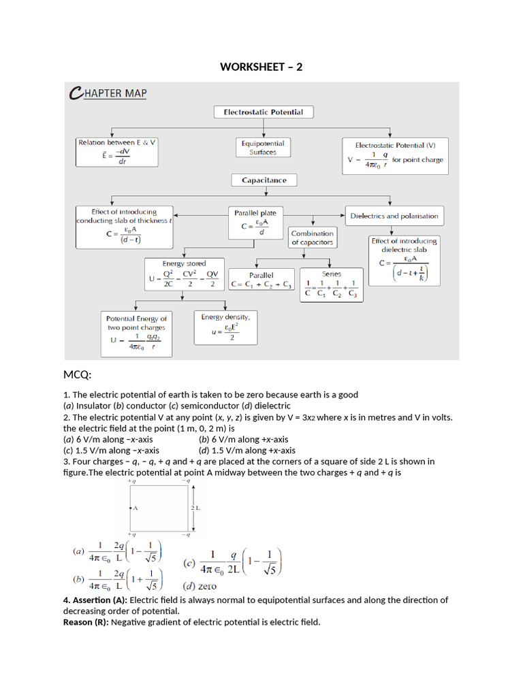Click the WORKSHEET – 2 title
point(261,66)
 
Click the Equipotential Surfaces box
point(262,148)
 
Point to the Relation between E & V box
point(117,151)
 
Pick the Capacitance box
point(264,180)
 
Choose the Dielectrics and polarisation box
point(394,216)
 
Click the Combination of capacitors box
point(312,238)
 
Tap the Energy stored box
point(184,274)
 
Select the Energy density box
point(225,327)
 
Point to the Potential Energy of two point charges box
point(136,332)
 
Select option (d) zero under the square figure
point(200,585)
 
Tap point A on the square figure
point(134,508)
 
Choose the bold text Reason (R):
point(86,621)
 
